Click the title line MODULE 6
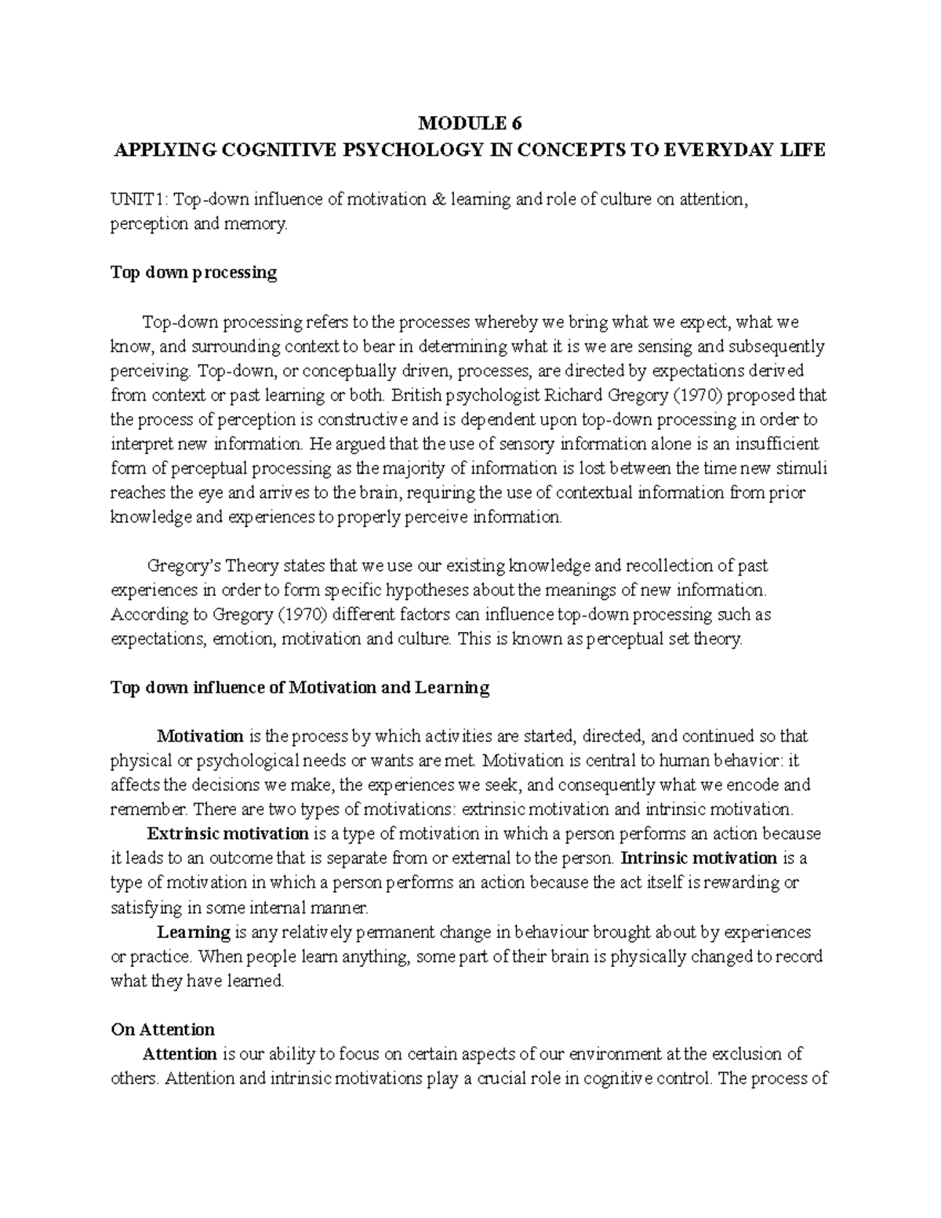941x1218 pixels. pyautogui.click(x=470, y=123)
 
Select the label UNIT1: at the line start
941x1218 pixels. pyautogui.click(x=140, y=199)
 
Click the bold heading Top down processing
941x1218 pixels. pyautogui.click(x=194, y=272)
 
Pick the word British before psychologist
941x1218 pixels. pyautogui.click(x=420, y=394)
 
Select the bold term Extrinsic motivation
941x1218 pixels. pyautogui.click(x=228, y=833)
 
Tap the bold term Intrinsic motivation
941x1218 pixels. pyautogui.click(x=699, y=857)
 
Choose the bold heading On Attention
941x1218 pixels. pyautogui.click(x=162, y=1029)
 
